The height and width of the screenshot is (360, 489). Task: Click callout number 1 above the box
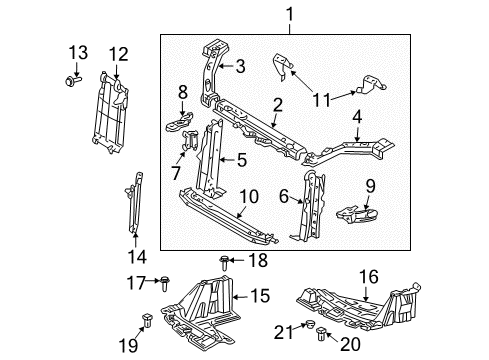click(x=290, y=14)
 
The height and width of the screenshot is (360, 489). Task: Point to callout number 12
click(x=118, y=53)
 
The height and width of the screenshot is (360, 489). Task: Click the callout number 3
click(x=240, y=67)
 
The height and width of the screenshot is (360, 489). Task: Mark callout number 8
click(x=183, y=92)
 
